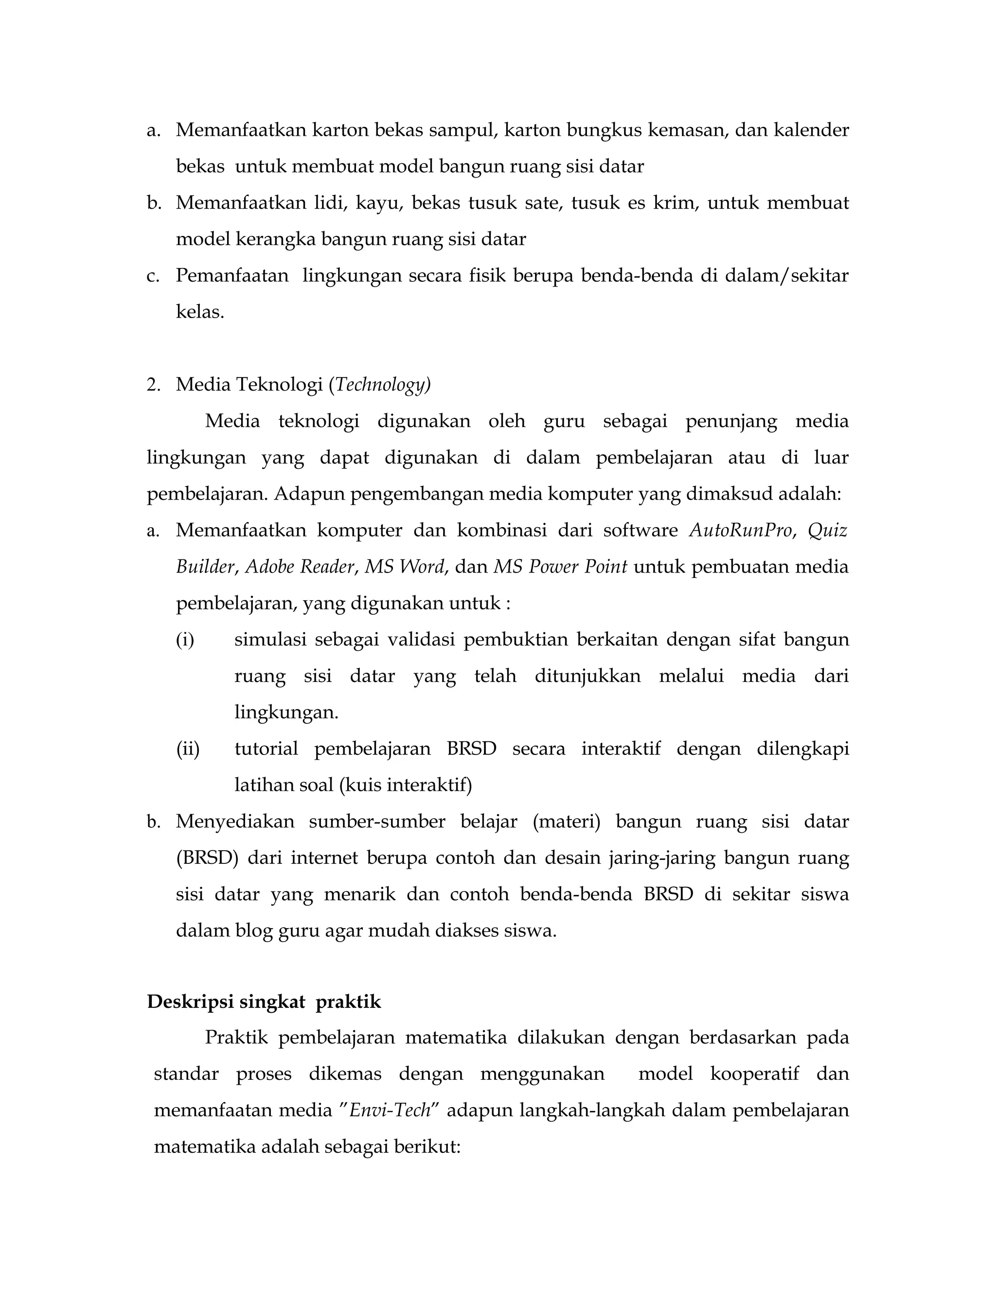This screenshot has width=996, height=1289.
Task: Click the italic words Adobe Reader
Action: pyautogui.click(x=300, y=567)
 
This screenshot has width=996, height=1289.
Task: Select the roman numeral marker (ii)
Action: pyautogui.click(x=188, y=750)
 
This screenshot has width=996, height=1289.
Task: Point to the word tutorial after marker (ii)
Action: pyautogui.click(x=266, y=750)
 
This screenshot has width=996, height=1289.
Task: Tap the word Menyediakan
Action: pyautogui.click(x=235, y=822)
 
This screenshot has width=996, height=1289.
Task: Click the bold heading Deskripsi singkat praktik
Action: pyautogui.click(x=264, y=1002)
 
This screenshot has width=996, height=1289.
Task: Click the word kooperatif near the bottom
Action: pyautogui.click(x=754, y=1074)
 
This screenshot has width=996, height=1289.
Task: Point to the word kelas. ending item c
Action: pyautogui.click(x=199, y=312)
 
